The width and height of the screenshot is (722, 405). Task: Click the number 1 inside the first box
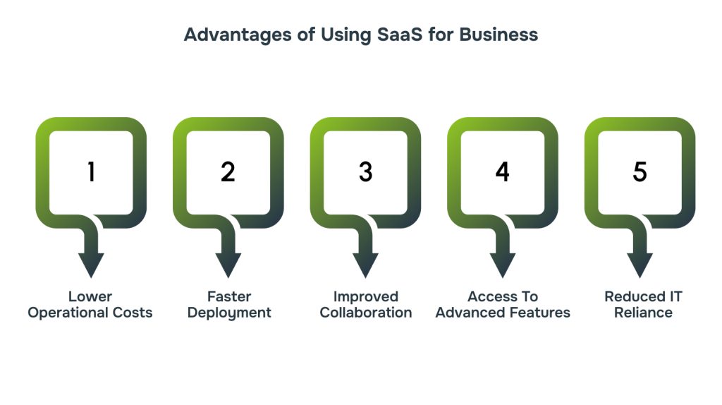(91, 172)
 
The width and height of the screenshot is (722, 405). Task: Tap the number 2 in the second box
(228, 172)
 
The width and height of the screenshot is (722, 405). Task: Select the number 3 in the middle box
(366, 172)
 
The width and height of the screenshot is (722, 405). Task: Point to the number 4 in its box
(502, 172)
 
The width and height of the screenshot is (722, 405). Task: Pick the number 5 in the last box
(640, 172)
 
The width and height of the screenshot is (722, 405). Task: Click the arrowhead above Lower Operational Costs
(91, 264)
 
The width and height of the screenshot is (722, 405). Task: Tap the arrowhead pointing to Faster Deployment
(228, 264)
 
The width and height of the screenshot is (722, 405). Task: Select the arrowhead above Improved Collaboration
(366, 264)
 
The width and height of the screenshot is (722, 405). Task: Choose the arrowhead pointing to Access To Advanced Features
(503, 264)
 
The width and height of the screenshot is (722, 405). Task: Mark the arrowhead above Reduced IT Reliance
(640, 264)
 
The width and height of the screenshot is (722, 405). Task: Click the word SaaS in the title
(400, 35)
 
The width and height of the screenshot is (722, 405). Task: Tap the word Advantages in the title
(238, 35)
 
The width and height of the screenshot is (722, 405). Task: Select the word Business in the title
(498, 35)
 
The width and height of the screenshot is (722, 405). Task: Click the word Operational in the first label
(68, 313)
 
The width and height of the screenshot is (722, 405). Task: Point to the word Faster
(229, 296)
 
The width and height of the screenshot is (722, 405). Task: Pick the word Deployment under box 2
(229, 313)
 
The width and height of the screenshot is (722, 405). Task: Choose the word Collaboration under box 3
(366, 313)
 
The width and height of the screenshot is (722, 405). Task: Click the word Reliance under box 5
(643, 313)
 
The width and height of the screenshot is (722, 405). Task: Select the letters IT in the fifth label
(675, 296)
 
